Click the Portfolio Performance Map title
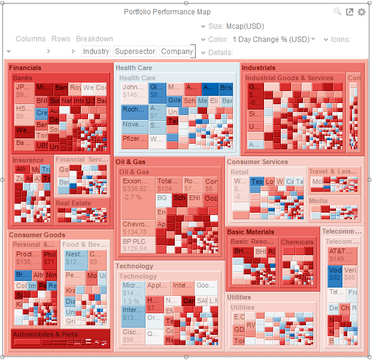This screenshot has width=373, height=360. pyautogui.click(x=167, y=12)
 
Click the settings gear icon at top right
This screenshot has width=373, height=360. pyautogui.click(x=361, y=12)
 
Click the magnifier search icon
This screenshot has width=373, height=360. pyautogui.click(x=338, y=12)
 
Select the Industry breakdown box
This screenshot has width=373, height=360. pyautogui.click(x=96, y=52)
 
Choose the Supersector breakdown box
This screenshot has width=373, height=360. pyautogui.click(x=135, y=52)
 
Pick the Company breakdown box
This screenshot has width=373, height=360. pyautogui.click(x=177, y=52)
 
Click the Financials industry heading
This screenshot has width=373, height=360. pyautogui.click(x=25, y=68)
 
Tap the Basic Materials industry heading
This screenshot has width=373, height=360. pyautogui.click(x=251, y=232)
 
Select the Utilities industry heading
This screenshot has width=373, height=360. pyautogui.click(x=239, y=297)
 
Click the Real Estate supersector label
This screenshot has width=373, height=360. pyautogui.click(x=74, y=203)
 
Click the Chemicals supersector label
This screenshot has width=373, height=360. pyautogui.click(x=297, y=243)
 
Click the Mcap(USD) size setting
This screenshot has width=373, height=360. pyautogui.click(x=244, y=26)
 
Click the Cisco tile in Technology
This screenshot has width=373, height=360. pyautogui.click(x=132, y=335)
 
